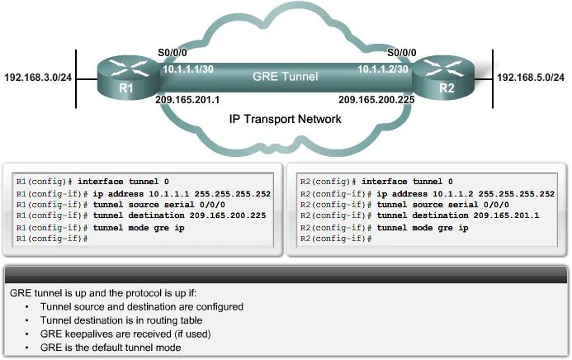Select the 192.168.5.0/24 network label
click(530, 77)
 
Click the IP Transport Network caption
click(285, 120)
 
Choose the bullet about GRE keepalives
click(125, 334)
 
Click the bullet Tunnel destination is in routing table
click(128, 320)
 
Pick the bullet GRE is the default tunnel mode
click(121, 348)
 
